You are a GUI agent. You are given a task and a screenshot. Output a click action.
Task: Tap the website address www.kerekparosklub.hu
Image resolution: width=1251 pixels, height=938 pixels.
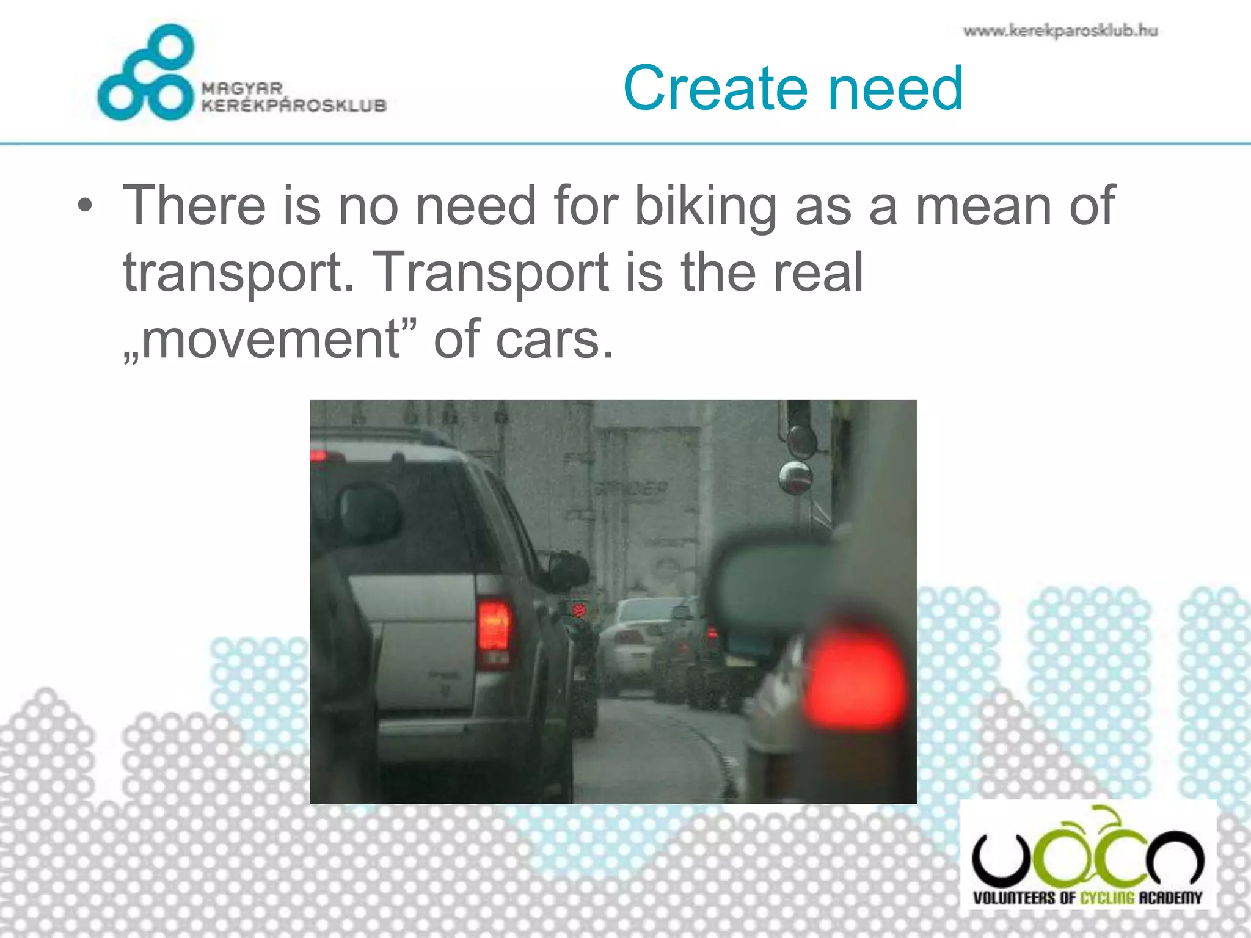click(x=1060, y=31)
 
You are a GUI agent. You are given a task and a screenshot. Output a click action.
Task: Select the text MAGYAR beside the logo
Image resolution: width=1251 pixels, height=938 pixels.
click(x=242, y=89)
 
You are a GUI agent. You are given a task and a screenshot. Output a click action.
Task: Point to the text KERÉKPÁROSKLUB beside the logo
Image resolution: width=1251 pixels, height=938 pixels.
click(x=294, y=106)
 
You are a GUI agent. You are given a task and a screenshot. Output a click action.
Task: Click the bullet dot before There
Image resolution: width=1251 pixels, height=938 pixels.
click(x=85, y=206)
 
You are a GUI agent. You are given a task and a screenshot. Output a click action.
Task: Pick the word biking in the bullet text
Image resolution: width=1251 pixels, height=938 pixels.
click(x=706, y=206)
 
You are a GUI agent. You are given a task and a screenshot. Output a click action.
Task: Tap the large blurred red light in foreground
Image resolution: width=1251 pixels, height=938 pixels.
click(x=855, y=678)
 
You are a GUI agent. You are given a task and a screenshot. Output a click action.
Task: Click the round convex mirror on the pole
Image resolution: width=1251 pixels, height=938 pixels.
click(x=795, y=478)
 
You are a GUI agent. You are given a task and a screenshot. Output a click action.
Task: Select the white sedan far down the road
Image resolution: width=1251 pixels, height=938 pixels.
click(x=629, y=641)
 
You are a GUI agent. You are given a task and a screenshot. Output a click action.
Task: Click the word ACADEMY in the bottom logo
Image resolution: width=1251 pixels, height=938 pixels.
click(x=1170, y=898)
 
